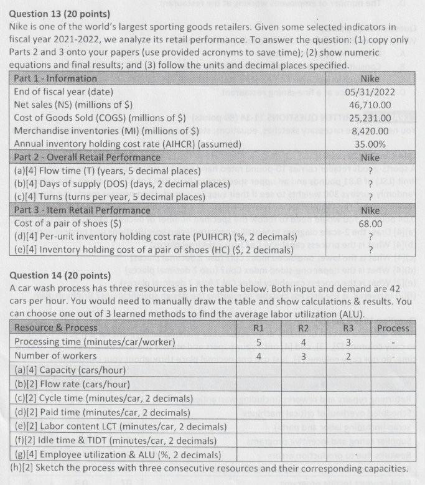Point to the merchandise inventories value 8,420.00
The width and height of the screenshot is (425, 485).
click(371, 131)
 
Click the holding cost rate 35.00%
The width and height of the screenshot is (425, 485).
click(370, 144)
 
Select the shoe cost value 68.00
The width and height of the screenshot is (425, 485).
click(370, 223)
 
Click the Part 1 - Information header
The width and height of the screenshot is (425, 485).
click(55, 78)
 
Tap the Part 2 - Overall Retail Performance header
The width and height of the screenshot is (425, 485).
click(86, 157)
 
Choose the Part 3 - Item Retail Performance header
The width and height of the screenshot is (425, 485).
click(81, 210)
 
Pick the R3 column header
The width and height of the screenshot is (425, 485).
click(348, 327)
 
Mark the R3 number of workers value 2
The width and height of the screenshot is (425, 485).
click(348, 356)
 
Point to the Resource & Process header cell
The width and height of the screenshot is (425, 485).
click(55, 327)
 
